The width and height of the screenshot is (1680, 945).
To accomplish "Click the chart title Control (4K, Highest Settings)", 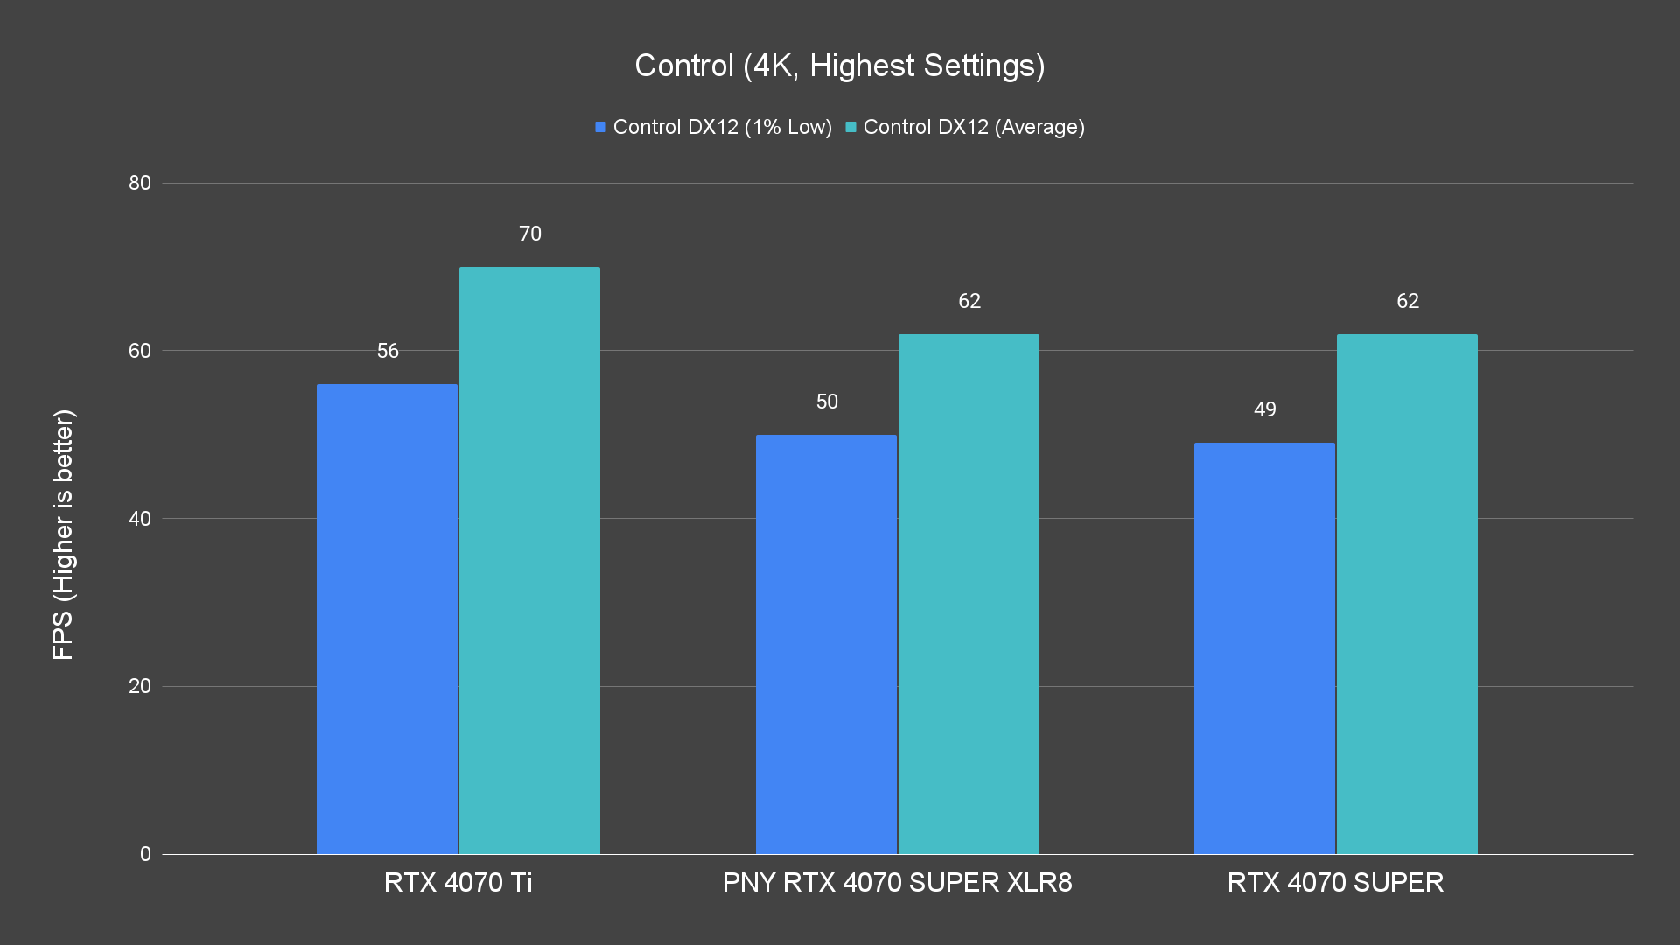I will click(x=839, y=66).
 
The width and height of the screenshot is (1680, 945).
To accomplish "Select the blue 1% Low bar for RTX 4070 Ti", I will click(x=387, y=619).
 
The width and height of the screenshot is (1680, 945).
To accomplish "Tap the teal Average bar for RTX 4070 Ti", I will click(x=529, y=560).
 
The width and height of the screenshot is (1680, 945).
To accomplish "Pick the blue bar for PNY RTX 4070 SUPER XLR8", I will click(x=826, y=644).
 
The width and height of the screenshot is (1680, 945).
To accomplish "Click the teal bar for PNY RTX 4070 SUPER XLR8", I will click(x=969, y=593).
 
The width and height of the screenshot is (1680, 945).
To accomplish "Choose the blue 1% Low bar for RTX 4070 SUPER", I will click(x=1264, y=648).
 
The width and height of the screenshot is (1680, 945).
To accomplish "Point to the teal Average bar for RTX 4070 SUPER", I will click(x=1407, y=593).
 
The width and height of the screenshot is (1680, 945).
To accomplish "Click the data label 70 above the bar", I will click(x=530, y=234).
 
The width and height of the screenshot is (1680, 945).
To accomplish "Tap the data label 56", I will click(x=388, y=351).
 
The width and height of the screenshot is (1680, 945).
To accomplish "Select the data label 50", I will click(x=827, y=402).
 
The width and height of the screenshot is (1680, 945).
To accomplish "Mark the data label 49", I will click(x=1265, y=409).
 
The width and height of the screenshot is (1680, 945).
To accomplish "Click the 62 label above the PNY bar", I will click(x=969, y=301).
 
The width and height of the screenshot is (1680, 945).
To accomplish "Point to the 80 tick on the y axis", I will click(x=140, y=183).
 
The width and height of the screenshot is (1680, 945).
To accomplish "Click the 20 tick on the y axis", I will click(x=140, y=686).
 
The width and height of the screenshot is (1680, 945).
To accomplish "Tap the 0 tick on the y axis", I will click(x=145, y=854).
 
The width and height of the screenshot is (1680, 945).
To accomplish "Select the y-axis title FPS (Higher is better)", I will click(x=63, y=534).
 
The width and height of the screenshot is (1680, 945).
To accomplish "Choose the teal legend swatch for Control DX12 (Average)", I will click(x=850, y=127).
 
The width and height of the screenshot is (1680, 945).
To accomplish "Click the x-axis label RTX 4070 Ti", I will click(x=458, y=882).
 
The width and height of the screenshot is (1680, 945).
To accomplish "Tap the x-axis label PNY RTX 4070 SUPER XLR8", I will click(x=897, y=882).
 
